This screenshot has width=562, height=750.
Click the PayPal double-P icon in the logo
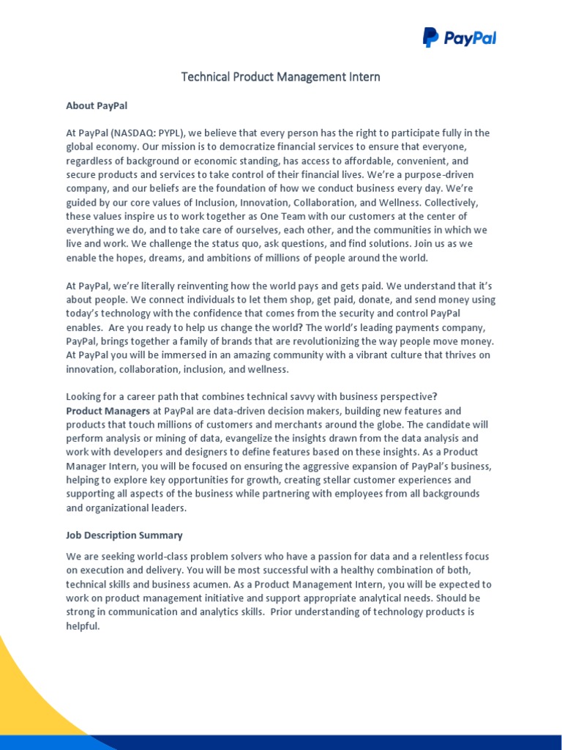(431, 37)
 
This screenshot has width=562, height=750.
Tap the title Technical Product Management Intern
(281, 77)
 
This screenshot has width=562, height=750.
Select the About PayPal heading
(97, 105)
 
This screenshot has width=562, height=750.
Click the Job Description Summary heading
(124, 535)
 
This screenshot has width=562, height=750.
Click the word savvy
(293, 397)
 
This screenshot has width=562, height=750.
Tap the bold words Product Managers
(108, 411)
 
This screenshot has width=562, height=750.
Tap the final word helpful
(82, 626)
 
